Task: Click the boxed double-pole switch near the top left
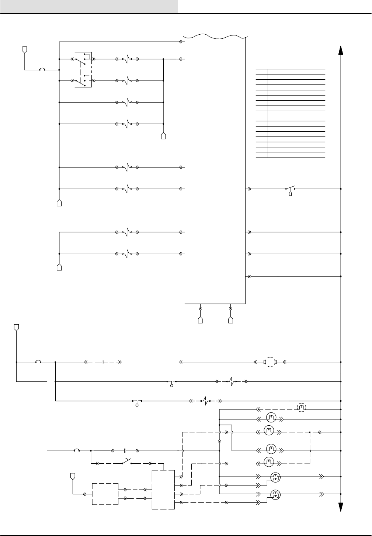coord(83,69)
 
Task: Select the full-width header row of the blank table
coord(291,67)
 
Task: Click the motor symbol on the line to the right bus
coord(270,362)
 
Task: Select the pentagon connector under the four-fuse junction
coord(164,136)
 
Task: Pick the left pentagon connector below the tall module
coord(200,320)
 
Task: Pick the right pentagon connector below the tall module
coord(231,320)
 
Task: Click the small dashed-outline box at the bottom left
coord(105,494)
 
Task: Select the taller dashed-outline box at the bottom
coord(163,490)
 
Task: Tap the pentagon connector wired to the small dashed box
coord(73,477)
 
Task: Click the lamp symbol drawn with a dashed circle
coord(302,408)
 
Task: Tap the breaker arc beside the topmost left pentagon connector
coord(42,69)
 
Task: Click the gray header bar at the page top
coord(89,7)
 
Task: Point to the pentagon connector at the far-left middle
coord(16,327)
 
